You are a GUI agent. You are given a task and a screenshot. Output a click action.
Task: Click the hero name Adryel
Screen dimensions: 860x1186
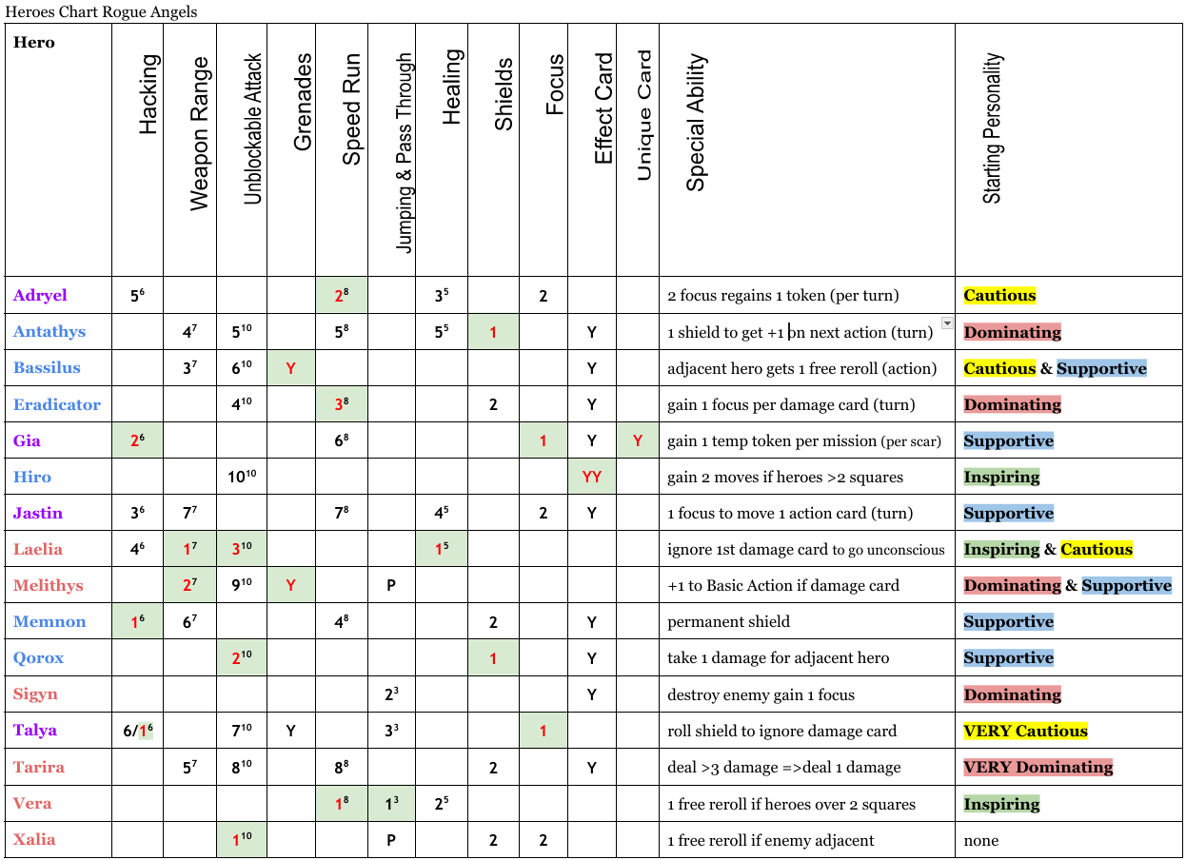pos(40,295)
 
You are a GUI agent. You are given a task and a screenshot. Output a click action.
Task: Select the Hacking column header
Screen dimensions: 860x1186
pos(148,95)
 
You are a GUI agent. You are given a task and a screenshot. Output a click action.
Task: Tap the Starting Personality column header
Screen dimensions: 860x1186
pos(992,128)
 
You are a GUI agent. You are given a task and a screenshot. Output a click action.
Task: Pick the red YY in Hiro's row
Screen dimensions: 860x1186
pos(592,477)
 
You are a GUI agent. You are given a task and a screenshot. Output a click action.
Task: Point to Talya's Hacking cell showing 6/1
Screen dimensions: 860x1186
pos(137,731)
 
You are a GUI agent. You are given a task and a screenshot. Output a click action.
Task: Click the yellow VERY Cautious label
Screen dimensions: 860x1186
pos(1025,731)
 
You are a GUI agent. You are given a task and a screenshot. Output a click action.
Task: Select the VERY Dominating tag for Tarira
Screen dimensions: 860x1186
pos(1038,767)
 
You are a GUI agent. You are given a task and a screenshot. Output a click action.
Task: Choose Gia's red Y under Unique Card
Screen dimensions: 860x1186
pos(638,440)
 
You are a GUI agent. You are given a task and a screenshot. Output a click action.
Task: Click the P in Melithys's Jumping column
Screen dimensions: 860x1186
pos(391,586)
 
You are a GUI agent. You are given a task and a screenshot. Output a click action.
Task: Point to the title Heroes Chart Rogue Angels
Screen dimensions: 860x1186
pos(102,11)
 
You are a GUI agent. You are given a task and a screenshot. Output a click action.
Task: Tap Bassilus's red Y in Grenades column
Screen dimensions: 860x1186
pos(291,368)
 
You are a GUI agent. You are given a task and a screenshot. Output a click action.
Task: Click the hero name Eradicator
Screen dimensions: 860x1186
pos(56,404)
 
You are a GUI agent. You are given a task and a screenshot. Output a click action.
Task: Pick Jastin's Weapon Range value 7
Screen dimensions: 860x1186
pos(189,514)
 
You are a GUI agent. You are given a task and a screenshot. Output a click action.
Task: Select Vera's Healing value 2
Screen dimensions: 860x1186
pos(441,804)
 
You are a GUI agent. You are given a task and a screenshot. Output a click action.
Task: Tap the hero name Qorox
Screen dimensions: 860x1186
pos(38,658)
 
